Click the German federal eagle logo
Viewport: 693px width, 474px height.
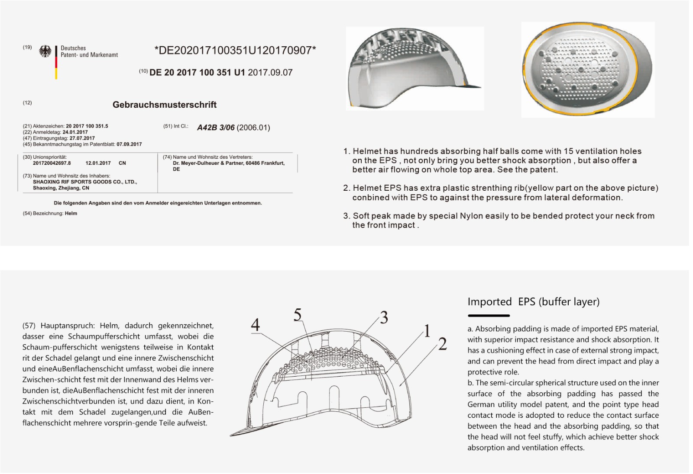point(45,51)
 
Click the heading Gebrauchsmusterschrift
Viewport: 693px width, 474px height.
point(165,105)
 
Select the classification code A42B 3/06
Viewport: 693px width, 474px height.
point(216,128)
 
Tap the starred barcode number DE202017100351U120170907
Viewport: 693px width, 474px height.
point(235,51)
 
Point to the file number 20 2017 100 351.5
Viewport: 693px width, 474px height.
point(87,126)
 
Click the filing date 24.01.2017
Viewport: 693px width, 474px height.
point(75,132)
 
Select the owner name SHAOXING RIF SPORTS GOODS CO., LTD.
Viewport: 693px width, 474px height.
point(85,182)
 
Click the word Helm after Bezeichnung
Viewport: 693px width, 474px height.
point(71,214)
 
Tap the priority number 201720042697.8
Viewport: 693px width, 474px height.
point(52,163)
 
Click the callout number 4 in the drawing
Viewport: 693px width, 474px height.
point(256,325)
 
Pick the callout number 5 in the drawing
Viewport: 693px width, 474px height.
point(298,315)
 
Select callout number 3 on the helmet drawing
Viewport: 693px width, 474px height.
point(384,318)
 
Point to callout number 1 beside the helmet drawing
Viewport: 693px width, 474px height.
point(427,331)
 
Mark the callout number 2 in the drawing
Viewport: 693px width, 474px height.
point(442,344)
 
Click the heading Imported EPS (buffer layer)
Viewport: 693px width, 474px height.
point(533,302)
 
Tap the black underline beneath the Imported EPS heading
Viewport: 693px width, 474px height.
point(489,316)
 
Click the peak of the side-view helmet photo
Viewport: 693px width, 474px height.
point(472,85)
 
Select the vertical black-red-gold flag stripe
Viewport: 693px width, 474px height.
point(56,62)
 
